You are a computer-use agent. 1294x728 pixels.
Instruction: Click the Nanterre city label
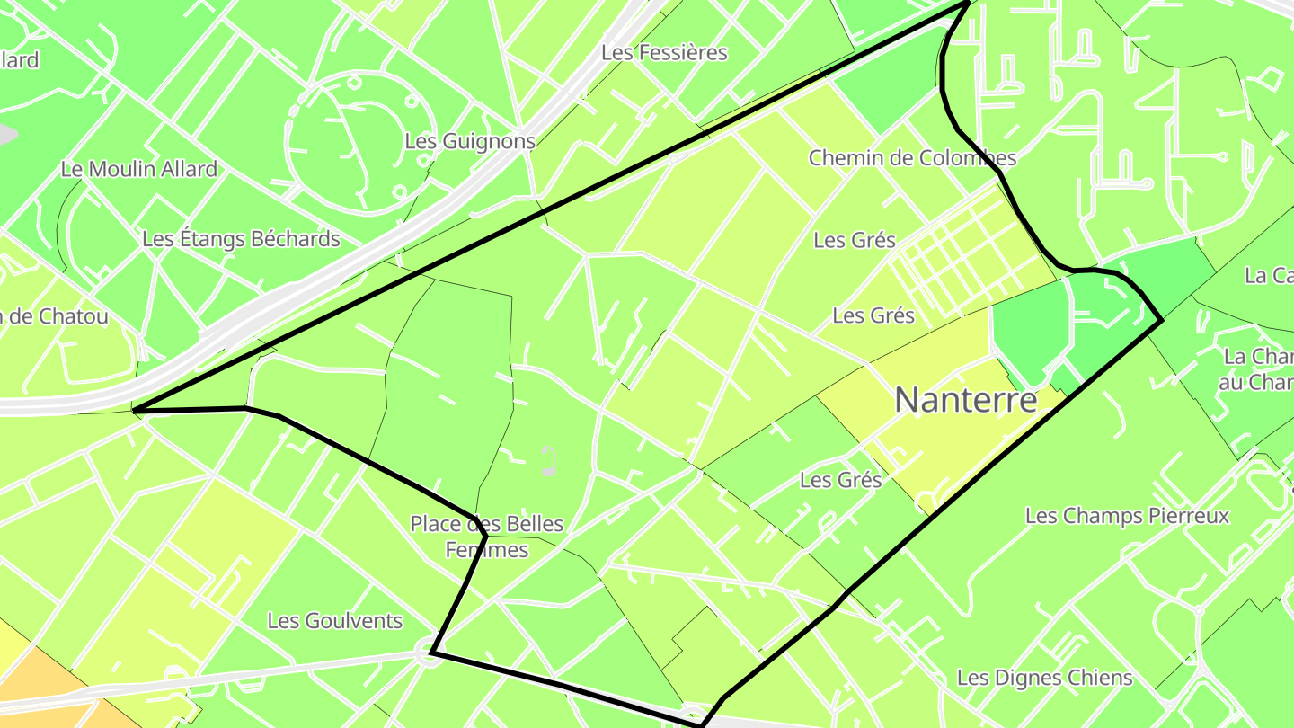point(966,400)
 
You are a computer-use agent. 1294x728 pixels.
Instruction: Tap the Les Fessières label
point(664,52)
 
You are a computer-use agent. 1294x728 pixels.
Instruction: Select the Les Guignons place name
point(469,141)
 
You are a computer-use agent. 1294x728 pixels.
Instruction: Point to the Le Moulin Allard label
point(139,169)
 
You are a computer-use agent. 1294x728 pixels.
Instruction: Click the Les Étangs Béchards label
point(241,239)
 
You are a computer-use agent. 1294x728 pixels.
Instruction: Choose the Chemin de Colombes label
point(912,158)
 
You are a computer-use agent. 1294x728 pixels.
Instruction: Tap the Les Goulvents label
point(335,621)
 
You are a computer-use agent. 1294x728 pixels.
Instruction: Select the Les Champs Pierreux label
point(1126,516)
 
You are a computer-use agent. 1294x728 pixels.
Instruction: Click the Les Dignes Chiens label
point(1044,678)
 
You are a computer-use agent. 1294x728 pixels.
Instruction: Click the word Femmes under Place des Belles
point(487,549)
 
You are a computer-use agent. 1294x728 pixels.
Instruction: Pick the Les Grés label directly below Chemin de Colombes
point(854,240)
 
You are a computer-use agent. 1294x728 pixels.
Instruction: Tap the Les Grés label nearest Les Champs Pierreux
point(840,480)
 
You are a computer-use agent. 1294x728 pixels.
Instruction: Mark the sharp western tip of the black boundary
point(134,411)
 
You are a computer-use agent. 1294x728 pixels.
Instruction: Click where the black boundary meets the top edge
point(967,3)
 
